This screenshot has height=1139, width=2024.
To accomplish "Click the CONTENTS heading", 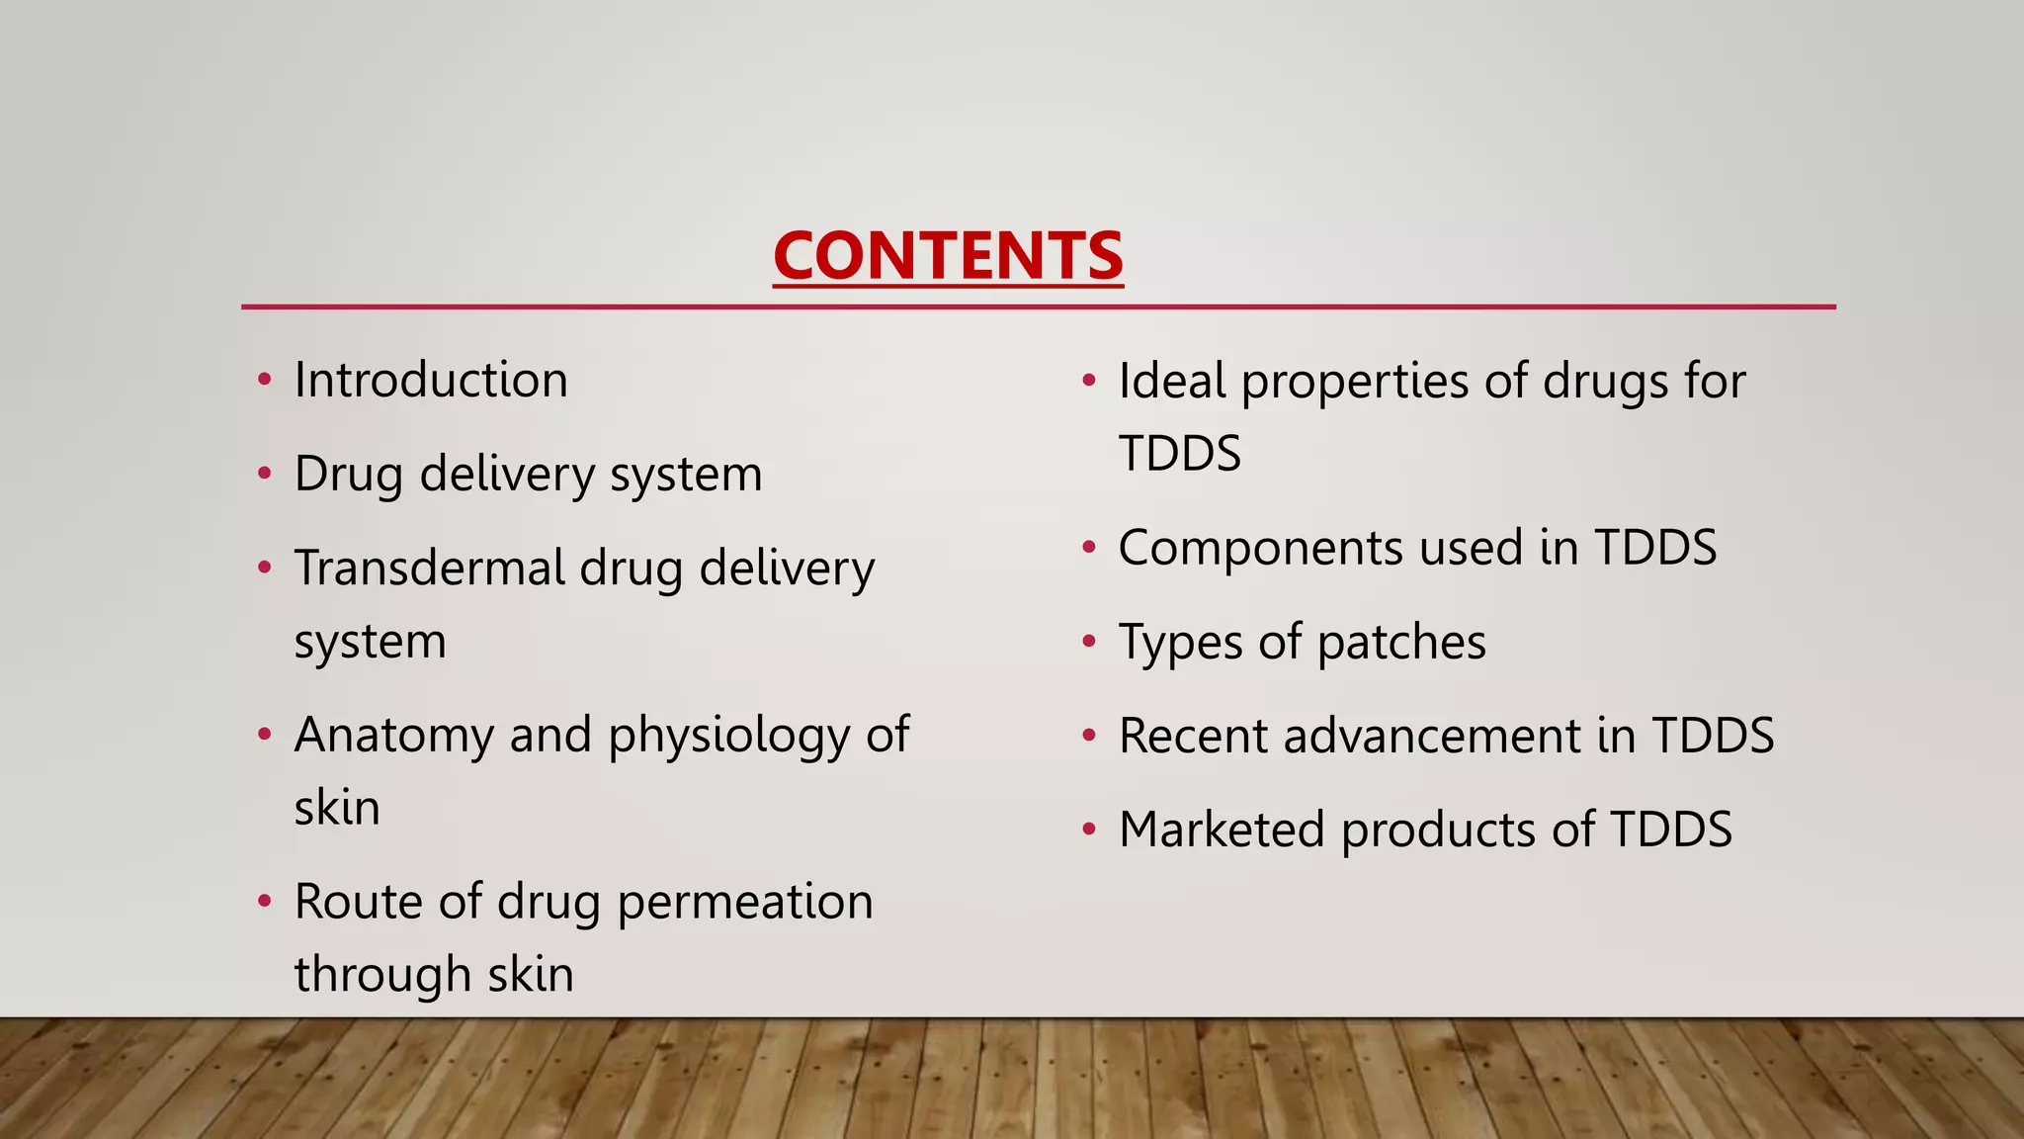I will pyautogui.click(x=948, y=255).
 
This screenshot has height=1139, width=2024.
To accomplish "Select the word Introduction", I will pyautogui.click(x=431, y=381).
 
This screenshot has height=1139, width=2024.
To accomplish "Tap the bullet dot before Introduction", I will pyautogui.click(x=264, y=381).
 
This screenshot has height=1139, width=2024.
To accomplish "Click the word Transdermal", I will pyautogui.click(x=430, y=569).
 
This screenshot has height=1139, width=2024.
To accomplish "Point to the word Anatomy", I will pyautogui.click(x=394, y=736).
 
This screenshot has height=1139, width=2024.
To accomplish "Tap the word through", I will pyautogui.click(x=370, y=975).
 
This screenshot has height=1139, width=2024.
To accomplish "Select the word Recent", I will pyautogui.click(x=1193, y=737).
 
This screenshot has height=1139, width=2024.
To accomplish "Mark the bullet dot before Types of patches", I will pyautogui.click(x=1089, y=643).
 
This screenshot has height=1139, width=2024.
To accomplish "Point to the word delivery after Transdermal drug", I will pyautogui.click(x=787, y=569).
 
